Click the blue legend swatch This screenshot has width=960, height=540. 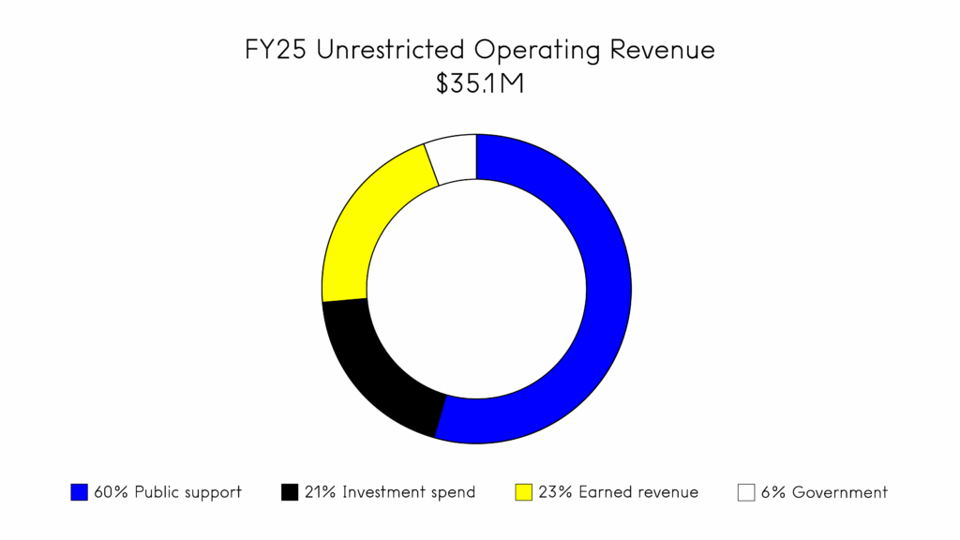point(79,492)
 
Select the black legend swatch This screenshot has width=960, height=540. point(290,492)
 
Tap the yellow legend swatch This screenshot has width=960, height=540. point(523,492)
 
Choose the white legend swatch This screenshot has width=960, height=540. point(746,492)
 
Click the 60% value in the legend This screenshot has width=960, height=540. point(111,492)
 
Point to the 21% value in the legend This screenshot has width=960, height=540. point(321,492)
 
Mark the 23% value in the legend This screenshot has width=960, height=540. point(555,492)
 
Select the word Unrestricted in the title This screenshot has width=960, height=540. point(392,50)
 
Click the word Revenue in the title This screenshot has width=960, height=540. point(663,50)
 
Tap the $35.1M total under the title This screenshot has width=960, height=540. point(479,84)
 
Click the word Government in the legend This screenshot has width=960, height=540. point(840,492)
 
